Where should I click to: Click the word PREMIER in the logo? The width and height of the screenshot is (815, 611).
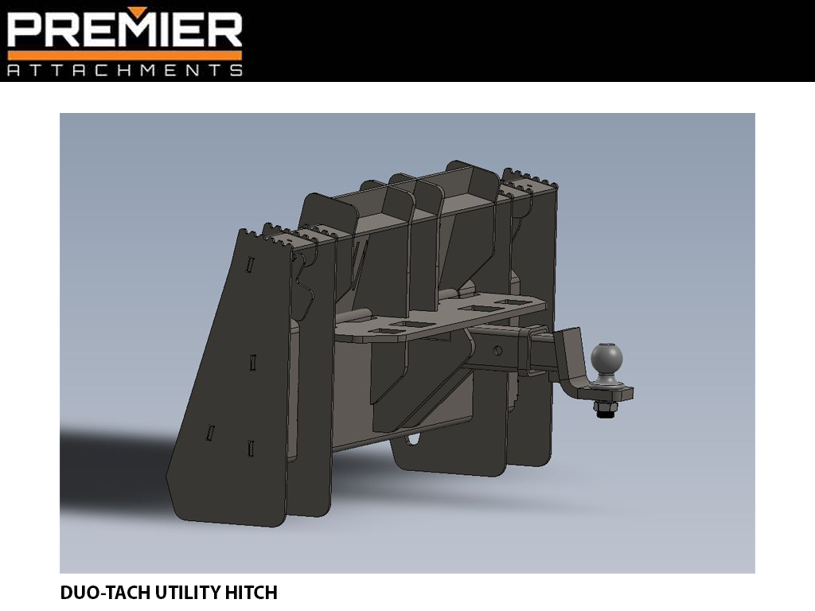(x=124, y=29)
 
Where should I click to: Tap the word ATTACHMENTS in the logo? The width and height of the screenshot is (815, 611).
(x=124, y=70)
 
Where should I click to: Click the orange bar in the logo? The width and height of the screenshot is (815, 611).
(x=124, y=55)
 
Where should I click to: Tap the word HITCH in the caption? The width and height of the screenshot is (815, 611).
(x=254, y=593)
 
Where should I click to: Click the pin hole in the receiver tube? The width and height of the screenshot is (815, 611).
(x=497, y=351)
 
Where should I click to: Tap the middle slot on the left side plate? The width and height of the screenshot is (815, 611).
(x=252, y=363)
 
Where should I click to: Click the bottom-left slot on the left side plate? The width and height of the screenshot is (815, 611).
(x=211, y=433)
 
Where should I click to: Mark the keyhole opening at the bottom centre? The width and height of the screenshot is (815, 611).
(x=414, y=439)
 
